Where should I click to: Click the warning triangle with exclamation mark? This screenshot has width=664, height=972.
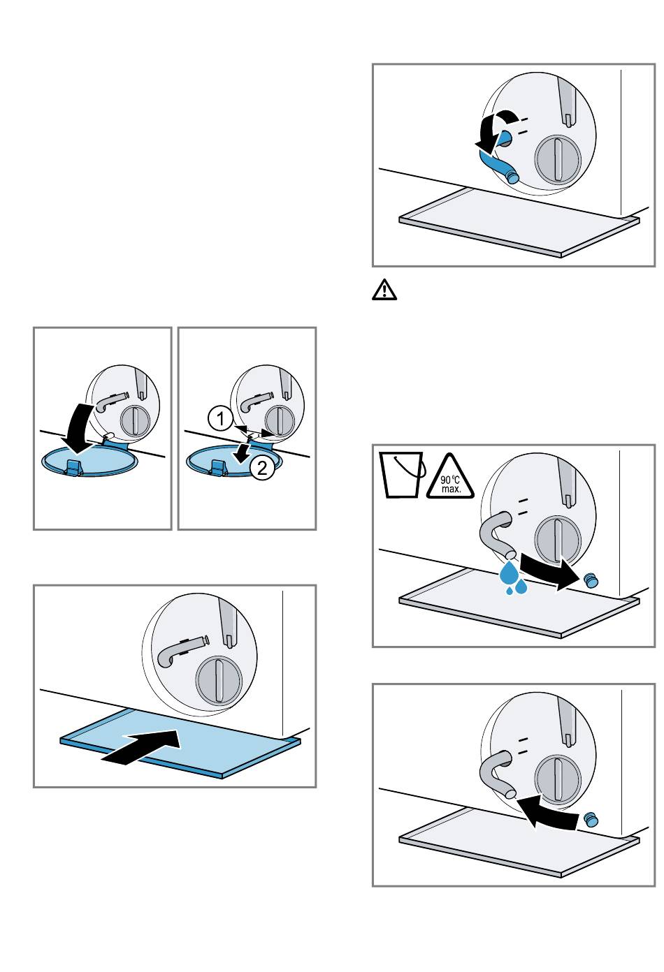pos(384,290)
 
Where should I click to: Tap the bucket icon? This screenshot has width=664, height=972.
pos(402,474)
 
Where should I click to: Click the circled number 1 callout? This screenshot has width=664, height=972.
pos(220,419)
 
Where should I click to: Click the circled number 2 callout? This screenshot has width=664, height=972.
pos(262,468)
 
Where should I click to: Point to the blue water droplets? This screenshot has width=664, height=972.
pos(512,577)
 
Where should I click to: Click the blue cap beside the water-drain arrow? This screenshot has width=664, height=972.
pos(591,580)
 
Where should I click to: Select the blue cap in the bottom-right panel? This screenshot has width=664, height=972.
pos(591,820)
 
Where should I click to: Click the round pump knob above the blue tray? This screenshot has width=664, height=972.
pos(219,680)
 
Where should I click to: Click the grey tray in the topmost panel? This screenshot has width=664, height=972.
pos(519,222)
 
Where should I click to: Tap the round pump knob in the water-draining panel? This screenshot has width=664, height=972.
pos(558,540)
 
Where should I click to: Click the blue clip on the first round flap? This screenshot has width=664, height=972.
pos(73,467)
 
